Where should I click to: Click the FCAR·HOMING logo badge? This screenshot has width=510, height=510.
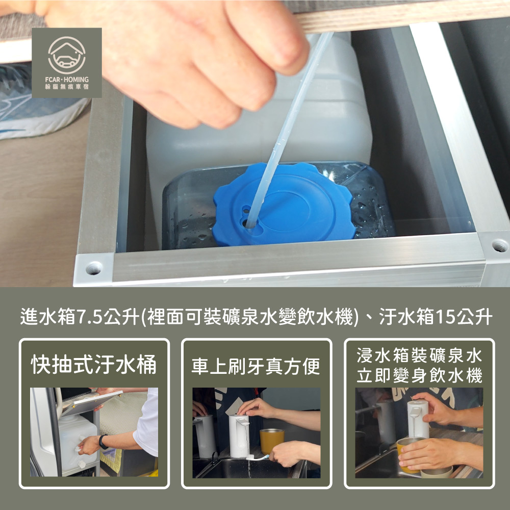[67, 63]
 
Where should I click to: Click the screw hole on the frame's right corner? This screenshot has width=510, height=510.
[500, 245]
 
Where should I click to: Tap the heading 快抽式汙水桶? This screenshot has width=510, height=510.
[94, 364]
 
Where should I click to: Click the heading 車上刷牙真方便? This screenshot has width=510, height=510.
[256, 366]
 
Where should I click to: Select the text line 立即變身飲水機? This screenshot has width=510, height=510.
[419, 376]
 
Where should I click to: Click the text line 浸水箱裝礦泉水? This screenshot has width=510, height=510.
[419, 355]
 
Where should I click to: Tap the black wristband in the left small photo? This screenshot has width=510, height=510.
[103, 442]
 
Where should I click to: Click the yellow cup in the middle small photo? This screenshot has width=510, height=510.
[272, 441]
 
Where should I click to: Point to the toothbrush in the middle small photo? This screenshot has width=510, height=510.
[259, 457]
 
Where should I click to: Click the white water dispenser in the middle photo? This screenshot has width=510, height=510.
[239, 436]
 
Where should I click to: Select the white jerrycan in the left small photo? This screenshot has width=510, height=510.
[78, 442]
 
